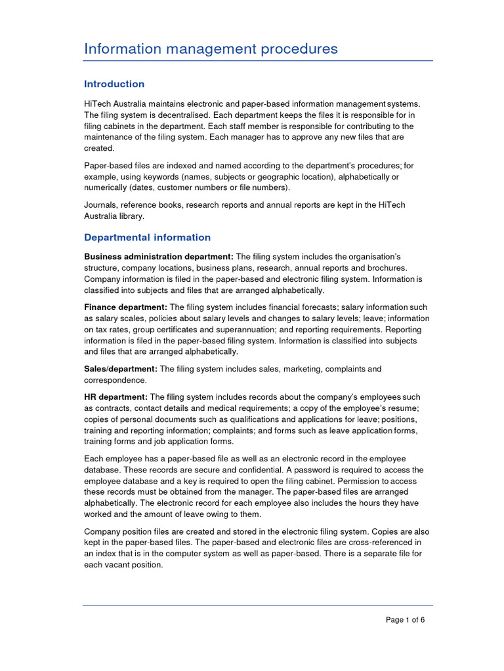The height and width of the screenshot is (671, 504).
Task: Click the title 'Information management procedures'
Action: [211, 48]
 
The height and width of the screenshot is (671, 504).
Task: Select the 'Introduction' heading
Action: [114, 84]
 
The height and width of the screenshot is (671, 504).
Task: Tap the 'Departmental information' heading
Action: [148, 237]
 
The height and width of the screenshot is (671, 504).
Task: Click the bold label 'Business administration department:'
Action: [159, 256]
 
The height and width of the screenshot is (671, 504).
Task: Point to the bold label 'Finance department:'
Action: [126, 307]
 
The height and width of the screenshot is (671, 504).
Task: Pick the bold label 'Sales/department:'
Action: [121, 369]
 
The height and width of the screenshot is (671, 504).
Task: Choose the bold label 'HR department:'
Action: [116, 397]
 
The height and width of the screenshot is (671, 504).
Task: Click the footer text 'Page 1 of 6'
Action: [405, 619]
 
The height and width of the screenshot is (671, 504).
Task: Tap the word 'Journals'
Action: [100, 205]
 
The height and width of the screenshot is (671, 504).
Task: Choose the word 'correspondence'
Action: [115, 380]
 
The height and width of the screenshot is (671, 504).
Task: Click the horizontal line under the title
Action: [258, 61]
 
